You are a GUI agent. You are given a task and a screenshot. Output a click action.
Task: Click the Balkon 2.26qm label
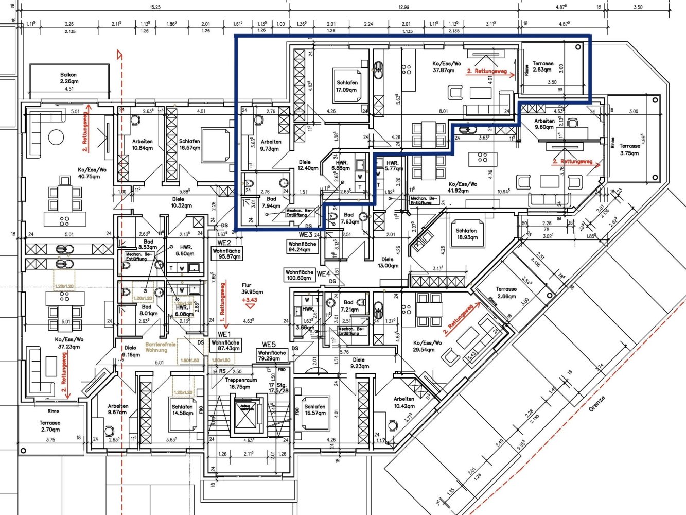click(x=69, y=78)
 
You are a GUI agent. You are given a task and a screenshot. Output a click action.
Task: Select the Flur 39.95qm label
click(x=252, y=288)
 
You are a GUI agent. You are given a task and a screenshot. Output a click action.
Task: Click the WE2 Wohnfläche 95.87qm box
click(x=226, y=254)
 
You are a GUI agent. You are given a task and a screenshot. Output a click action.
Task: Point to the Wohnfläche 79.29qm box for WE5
click(x=272, y=356)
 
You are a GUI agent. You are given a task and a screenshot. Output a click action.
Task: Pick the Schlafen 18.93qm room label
click(x=466, y=234)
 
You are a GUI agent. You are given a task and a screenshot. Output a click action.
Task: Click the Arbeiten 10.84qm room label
click(x=142, y=145)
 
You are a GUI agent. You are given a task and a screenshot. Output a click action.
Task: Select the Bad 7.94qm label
click(x=271, y=202)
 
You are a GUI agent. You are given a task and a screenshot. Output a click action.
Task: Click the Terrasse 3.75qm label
click(x=630, y=149)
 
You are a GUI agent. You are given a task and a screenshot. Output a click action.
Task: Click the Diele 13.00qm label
click(x=388, y=263)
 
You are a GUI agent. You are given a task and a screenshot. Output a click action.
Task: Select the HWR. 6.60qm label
click(x=185, y=250)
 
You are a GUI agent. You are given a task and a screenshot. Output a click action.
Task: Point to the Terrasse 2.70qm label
click(x=50, y=426)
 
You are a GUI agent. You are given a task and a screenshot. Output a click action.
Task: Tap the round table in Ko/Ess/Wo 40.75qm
click(x=56, y=137)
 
